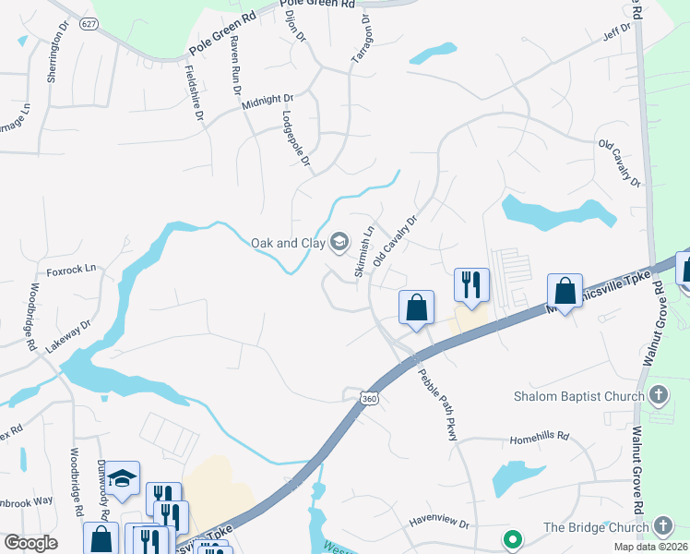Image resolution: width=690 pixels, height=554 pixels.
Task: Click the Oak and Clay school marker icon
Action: [339, 243]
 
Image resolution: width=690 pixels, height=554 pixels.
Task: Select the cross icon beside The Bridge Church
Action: [662, 527]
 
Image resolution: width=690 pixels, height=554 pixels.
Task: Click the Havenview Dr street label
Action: [439, 523]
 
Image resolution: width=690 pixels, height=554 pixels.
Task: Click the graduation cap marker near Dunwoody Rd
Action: [121, 478]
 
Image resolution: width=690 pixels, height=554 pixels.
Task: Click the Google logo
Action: [30, 543]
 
